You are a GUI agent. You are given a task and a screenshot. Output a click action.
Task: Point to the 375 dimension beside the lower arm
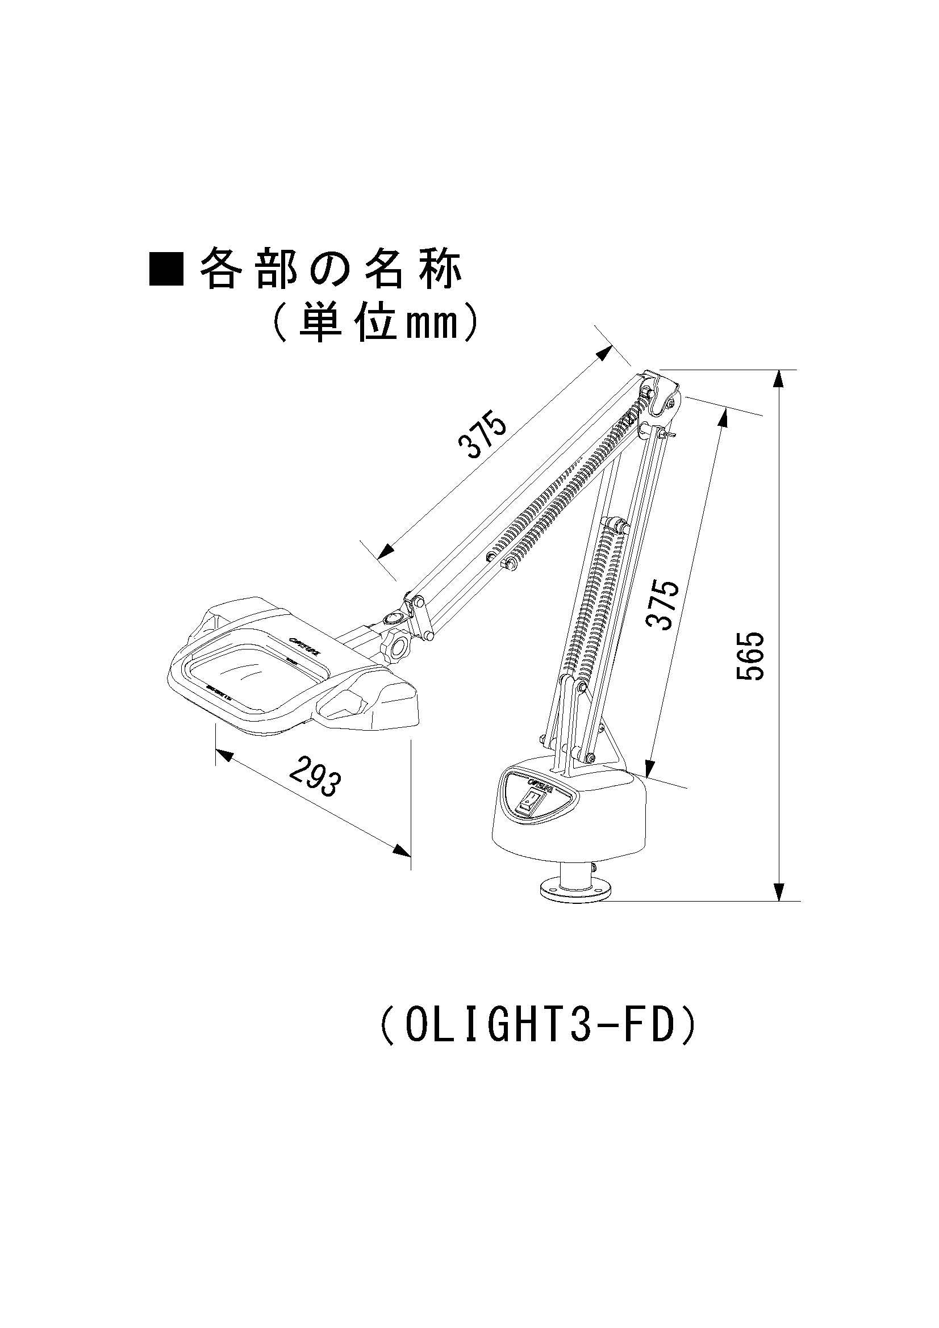(662, 604)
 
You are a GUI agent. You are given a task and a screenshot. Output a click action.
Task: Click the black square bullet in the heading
(166, 269)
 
